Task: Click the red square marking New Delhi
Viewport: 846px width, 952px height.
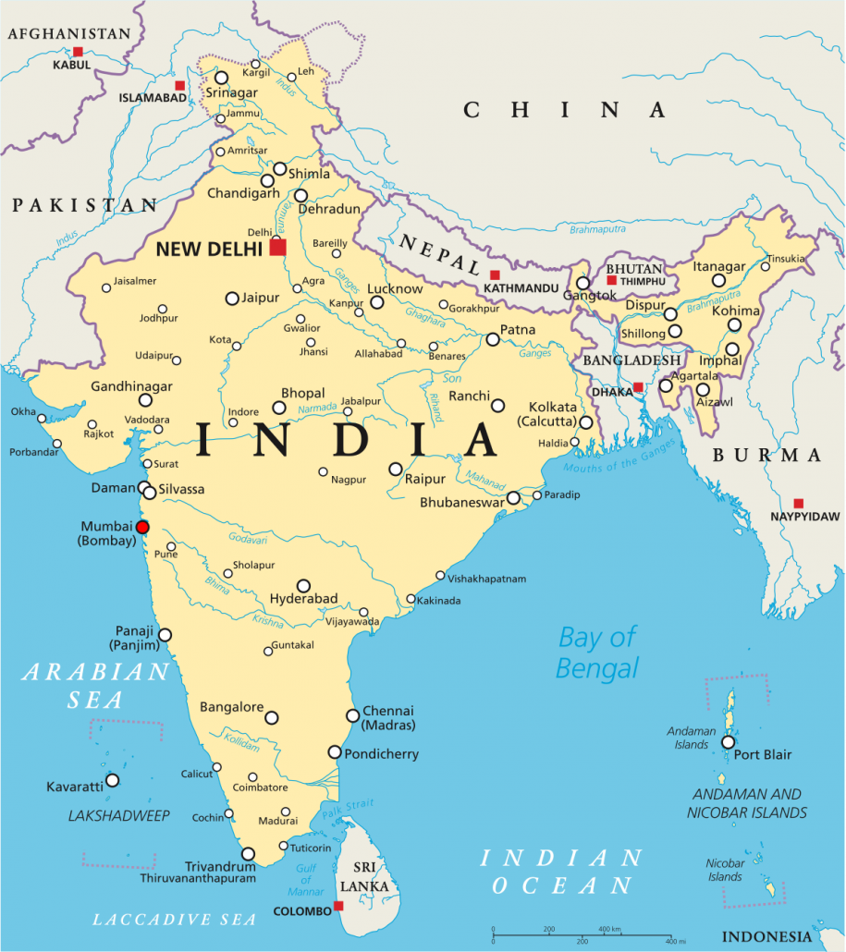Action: [277, 247]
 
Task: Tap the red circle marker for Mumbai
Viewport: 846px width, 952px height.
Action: [142, 527]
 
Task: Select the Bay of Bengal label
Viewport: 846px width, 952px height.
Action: [597, 652]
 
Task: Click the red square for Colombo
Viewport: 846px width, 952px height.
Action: [338, 906]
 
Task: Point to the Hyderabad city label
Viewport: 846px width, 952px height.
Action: [303, 599]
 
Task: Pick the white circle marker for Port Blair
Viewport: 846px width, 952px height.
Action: [729, 742]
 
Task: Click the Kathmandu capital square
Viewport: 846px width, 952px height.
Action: [495, 275]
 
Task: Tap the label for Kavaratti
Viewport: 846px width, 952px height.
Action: [75, 787]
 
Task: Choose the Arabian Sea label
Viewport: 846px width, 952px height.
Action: [96, 685]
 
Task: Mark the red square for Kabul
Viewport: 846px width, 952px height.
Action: [79, 52]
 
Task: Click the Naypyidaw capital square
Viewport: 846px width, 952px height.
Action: [799, 504]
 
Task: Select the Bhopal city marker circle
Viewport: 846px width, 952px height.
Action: [278, 408]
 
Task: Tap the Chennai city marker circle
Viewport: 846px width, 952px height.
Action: [352, 715]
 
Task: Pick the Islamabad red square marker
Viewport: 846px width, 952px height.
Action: [180, 85]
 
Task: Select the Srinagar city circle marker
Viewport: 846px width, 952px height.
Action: [222, 78]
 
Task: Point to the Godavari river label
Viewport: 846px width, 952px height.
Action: [248, 540]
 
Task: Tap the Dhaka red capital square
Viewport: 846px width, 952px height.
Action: [638, 387]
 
